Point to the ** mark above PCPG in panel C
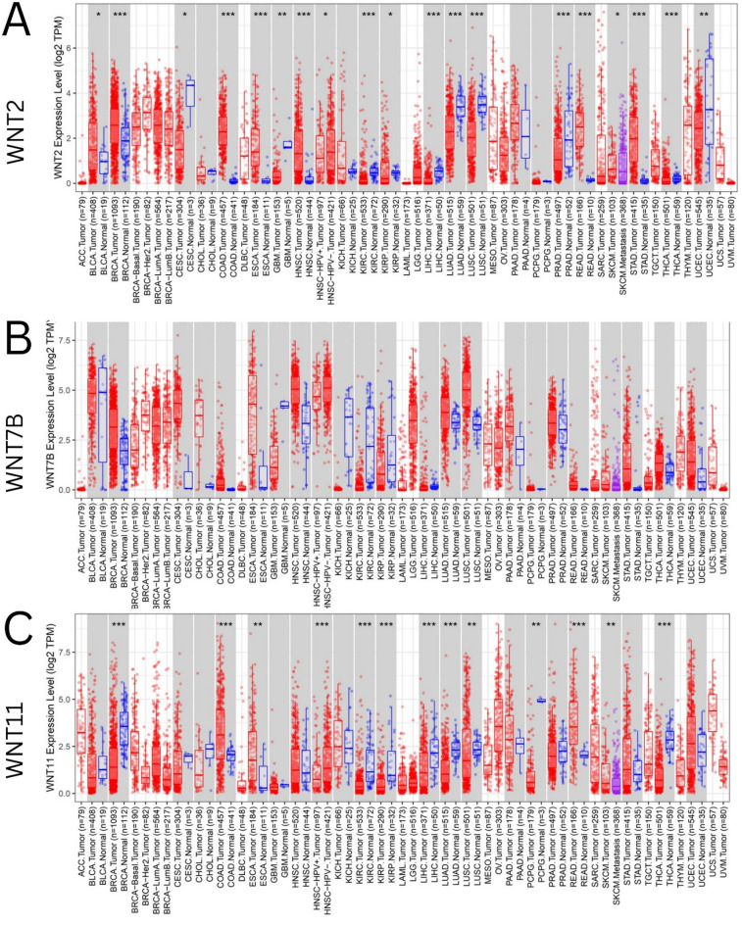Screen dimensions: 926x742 (536, 624)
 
